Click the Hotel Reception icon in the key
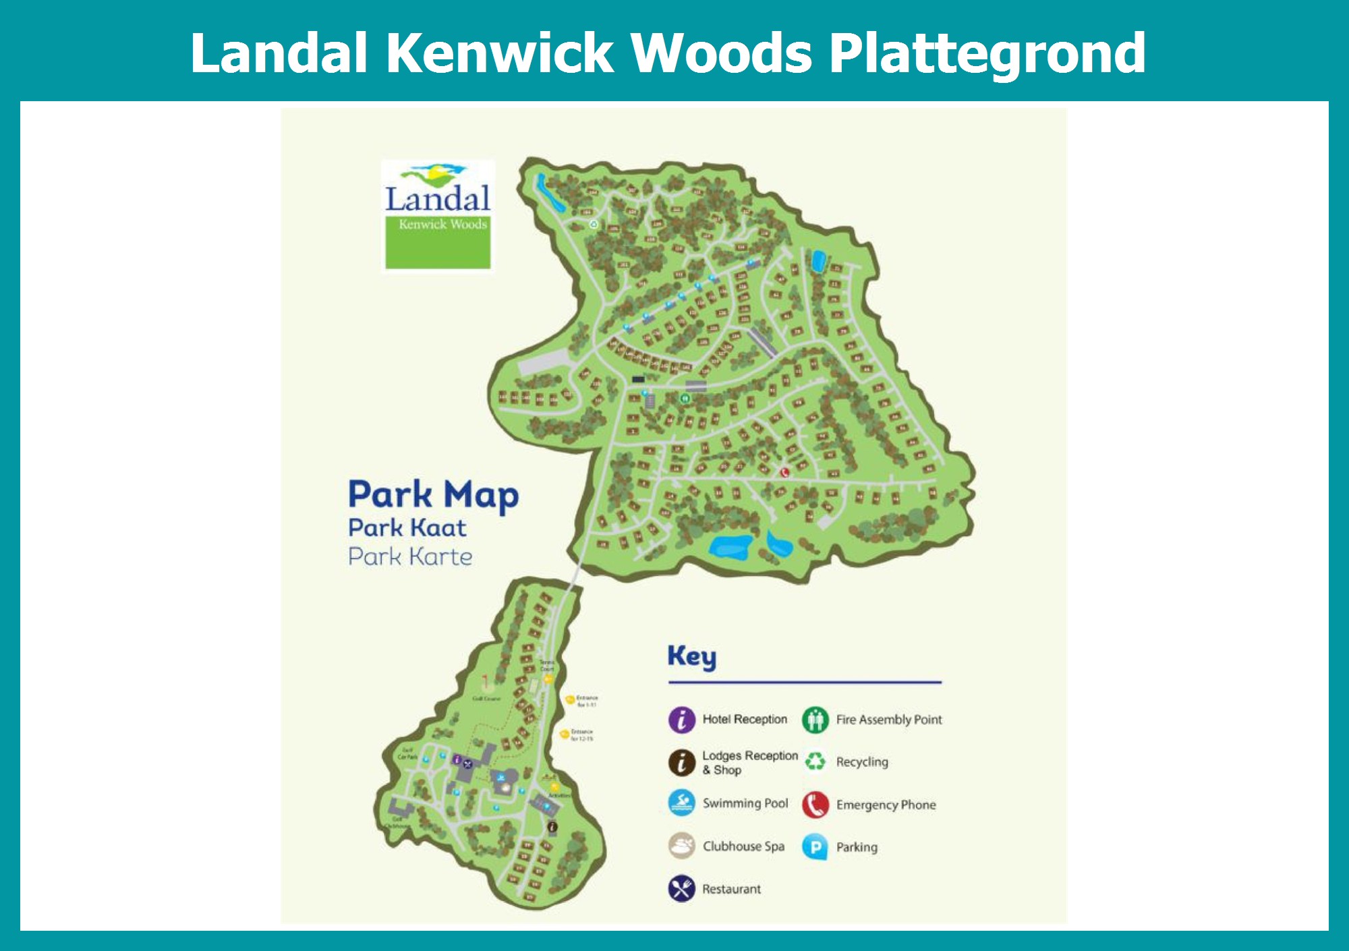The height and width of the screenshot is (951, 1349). pos(681,720)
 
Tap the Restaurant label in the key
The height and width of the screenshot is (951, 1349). pos(731,889)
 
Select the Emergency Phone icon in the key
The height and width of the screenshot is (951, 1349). pos(815,805)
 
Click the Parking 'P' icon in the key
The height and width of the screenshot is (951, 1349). pos(815,847)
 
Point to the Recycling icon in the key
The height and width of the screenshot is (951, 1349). pos(815,761)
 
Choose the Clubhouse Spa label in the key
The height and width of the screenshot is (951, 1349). pos(743,846)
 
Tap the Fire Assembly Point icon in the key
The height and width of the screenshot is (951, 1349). pos(815,720)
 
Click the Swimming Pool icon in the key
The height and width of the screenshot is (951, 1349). pos(681,803)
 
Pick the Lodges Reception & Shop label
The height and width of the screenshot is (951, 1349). pos(749,762)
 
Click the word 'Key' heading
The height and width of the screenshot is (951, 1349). pos(691,656)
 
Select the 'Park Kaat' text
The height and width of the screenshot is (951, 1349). pos(407,527)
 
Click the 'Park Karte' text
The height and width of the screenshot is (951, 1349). pos(409,557)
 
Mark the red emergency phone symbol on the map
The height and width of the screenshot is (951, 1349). pos(784,473)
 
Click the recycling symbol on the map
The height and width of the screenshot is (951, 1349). pos(594,225)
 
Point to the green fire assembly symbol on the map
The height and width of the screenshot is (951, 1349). pos(684,399)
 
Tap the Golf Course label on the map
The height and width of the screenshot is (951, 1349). pos(486,699)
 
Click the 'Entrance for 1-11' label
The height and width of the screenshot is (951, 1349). pos(586,701)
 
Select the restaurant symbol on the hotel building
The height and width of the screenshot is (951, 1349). pos(467,763)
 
